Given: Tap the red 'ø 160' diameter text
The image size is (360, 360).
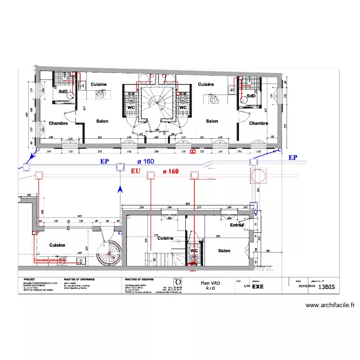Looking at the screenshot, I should point(170,170).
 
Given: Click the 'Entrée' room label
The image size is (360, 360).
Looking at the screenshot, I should point(237,225).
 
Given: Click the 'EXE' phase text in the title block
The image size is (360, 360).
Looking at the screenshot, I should point(258,286).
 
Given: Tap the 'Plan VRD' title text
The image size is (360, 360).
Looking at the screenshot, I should point(210,283).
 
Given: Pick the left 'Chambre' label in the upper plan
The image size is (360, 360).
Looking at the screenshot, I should point(58,123).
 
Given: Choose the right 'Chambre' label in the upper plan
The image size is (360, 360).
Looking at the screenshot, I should point(258,123).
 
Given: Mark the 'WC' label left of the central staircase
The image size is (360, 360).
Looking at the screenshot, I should point(131,108).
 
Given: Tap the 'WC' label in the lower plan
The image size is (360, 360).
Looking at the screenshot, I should point(194,251).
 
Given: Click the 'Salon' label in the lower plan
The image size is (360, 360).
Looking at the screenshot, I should point(224,251).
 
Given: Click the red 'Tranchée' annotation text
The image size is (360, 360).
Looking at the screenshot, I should point(50,261).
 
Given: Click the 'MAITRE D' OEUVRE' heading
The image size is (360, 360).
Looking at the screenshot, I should point(139,279).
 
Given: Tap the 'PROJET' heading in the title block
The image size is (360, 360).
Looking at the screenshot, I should point(30,279).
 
